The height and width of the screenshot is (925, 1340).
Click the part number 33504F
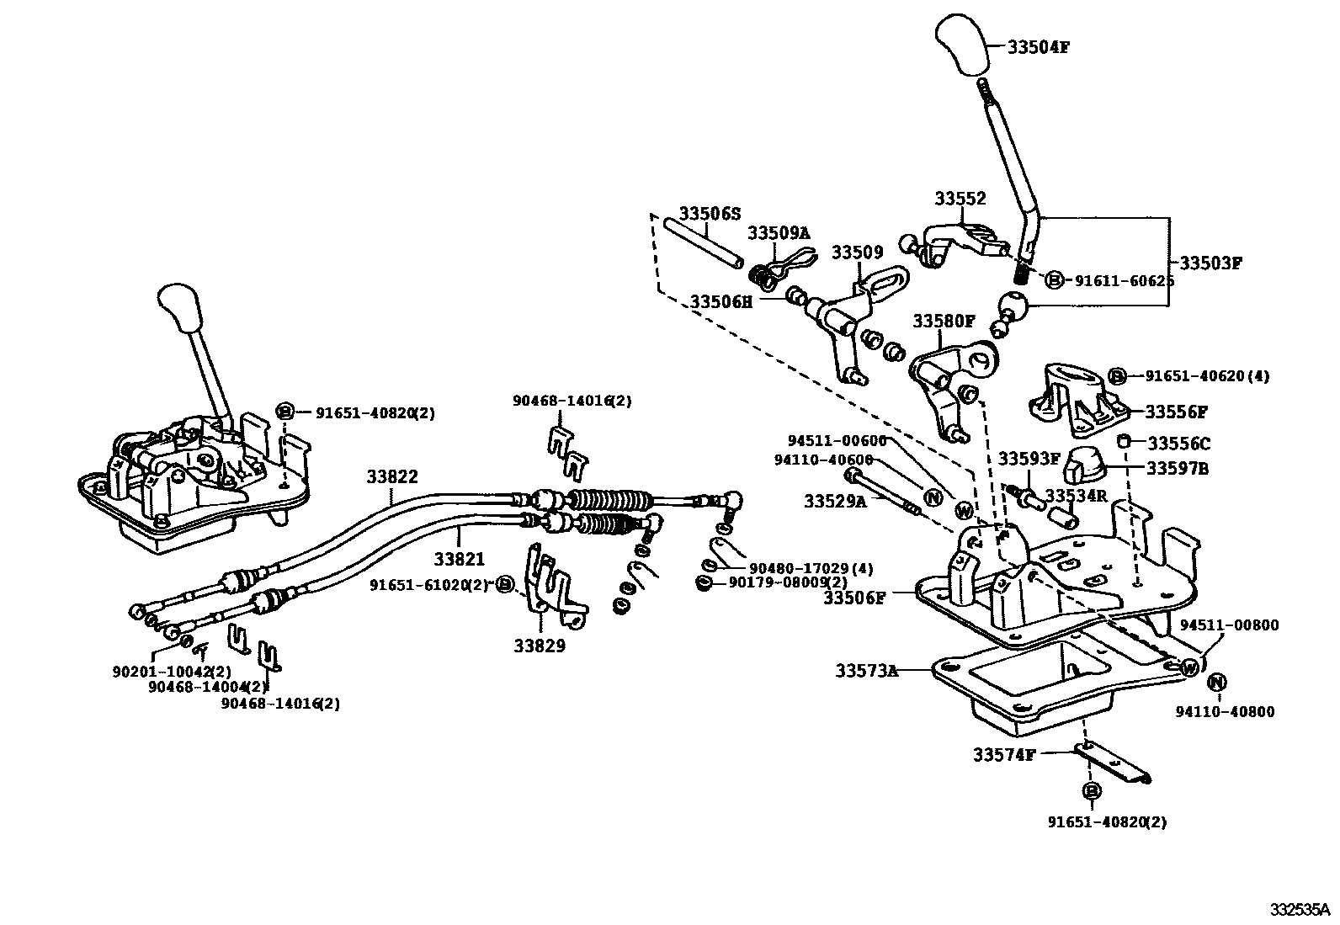tap(1038, 47)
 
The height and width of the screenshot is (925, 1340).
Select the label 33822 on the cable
tap(391, 476)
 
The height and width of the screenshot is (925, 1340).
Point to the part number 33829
tap(540, 646)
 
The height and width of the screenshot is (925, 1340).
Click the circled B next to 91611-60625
tap(1054, 280)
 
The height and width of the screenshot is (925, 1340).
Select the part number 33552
tap(960, 199)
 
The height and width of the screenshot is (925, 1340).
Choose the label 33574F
tap(1004, 755)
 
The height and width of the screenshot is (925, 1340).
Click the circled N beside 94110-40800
tap(1217, 683)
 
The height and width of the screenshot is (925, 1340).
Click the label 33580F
tap(944, 321)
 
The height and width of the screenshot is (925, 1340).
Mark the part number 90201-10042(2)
tap(171, 671)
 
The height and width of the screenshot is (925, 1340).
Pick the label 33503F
tap(1210, 263)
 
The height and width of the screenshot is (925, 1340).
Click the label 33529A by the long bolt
tap(834, 502)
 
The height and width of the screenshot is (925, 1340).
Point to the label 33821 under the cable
tap(460, 558)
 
